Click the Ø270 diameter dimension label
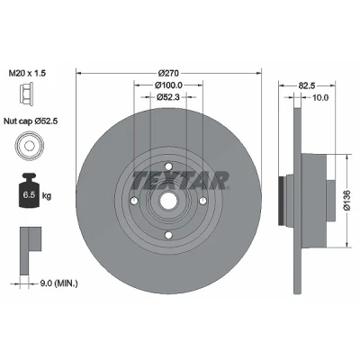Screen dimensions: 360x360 tap(168, 73)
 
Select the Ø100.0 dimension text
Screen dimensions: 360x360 tap(168, 85)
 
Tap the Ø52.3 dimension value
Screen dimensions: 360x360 tap(168, 97)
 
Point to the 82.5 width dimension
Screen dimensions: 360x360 tap(306, 85)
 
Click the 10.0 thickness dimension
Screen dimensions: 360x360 tap(319, 97)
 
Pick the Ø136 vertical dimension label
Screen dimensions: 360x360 tap(347, 200)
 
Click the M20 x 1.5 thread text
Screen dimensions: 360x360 tap(27, 73)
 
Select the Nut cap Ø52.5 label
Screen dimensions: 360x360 tap(31, 121)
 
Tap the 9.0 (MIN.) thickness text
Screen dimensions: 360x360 tap(58, 283)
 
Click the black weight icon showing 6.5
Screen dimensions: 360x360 tap(29, 190)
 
